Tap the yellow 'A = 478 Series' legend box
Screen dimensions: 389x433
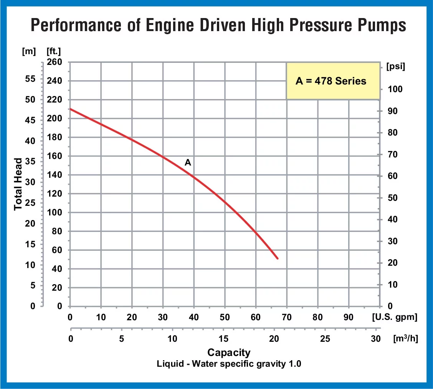331,81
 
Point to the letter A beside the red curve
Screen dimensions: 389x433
188,162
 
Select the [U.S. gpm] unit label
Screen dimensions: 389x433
394,318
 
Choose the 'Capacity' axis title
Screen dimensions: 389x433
229,352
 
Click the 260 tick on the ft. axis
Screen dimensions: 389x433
54,62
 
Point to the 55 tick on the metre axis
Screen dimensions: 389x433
30,79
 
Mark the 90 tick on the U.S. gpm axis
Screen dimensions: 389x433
349,318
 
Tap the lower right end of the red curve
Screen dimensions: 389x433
277,258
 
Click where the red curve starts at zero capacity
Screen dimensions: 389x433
70,109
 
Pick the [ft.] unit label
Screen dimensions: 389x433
53,50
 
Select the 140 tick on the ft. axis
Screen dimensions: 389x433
54,175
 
